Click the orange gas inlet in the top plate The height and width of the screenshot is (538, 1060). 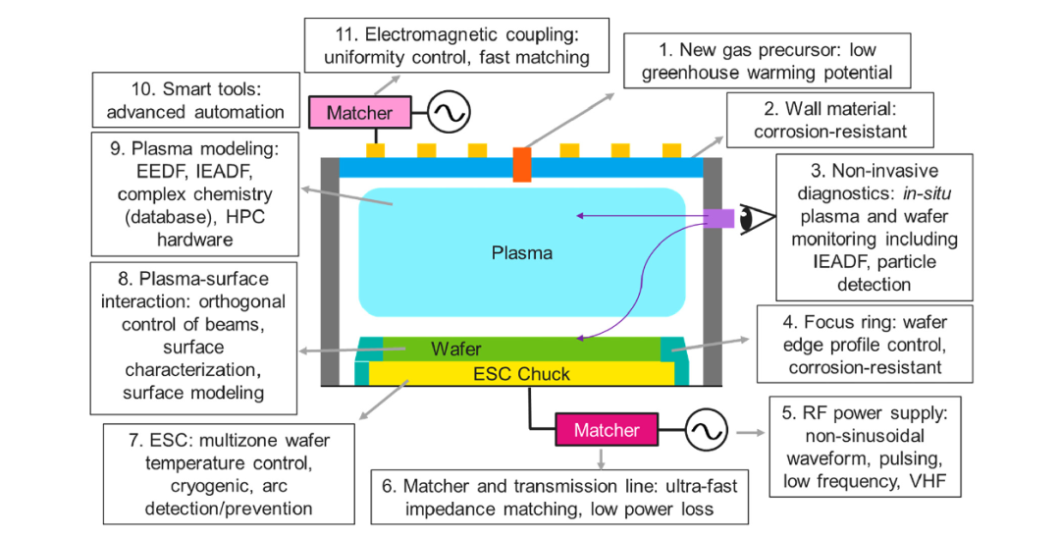pos(521,163)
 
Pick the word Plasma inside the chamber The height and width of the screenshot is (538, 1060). pos(522,252)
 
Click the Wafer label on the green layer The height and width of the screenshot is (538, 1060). pos(456,349)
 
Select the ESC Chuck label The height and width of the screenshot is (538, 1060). pos(522,373)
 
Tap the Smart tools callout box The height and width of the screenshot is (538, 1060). pos(190,99)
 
